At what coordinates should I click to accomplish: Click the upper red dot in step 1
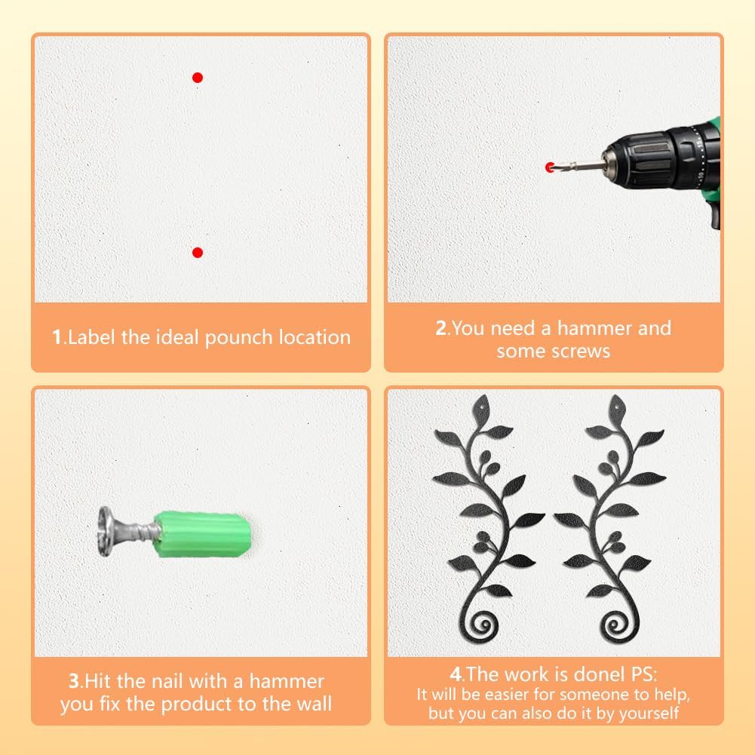pos(198,78)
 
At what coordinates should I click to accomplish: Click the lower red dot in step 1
pos(198,253)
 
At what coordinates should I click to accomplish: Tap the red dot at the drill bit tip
pos(550,167)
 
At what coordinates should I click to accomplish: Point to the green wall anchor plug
pos(203,535)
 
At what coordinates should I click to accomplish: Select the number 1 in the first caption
pos(57,337)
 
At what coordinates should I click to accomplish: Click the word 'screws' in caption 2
pos(582,351)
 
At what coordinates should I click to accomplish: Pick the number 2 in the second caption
pos(441,328)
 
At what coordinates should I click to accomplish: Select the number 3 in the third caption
pos(74,681)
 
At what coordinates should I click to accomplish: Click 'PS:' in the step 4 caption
pos(643,674)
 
